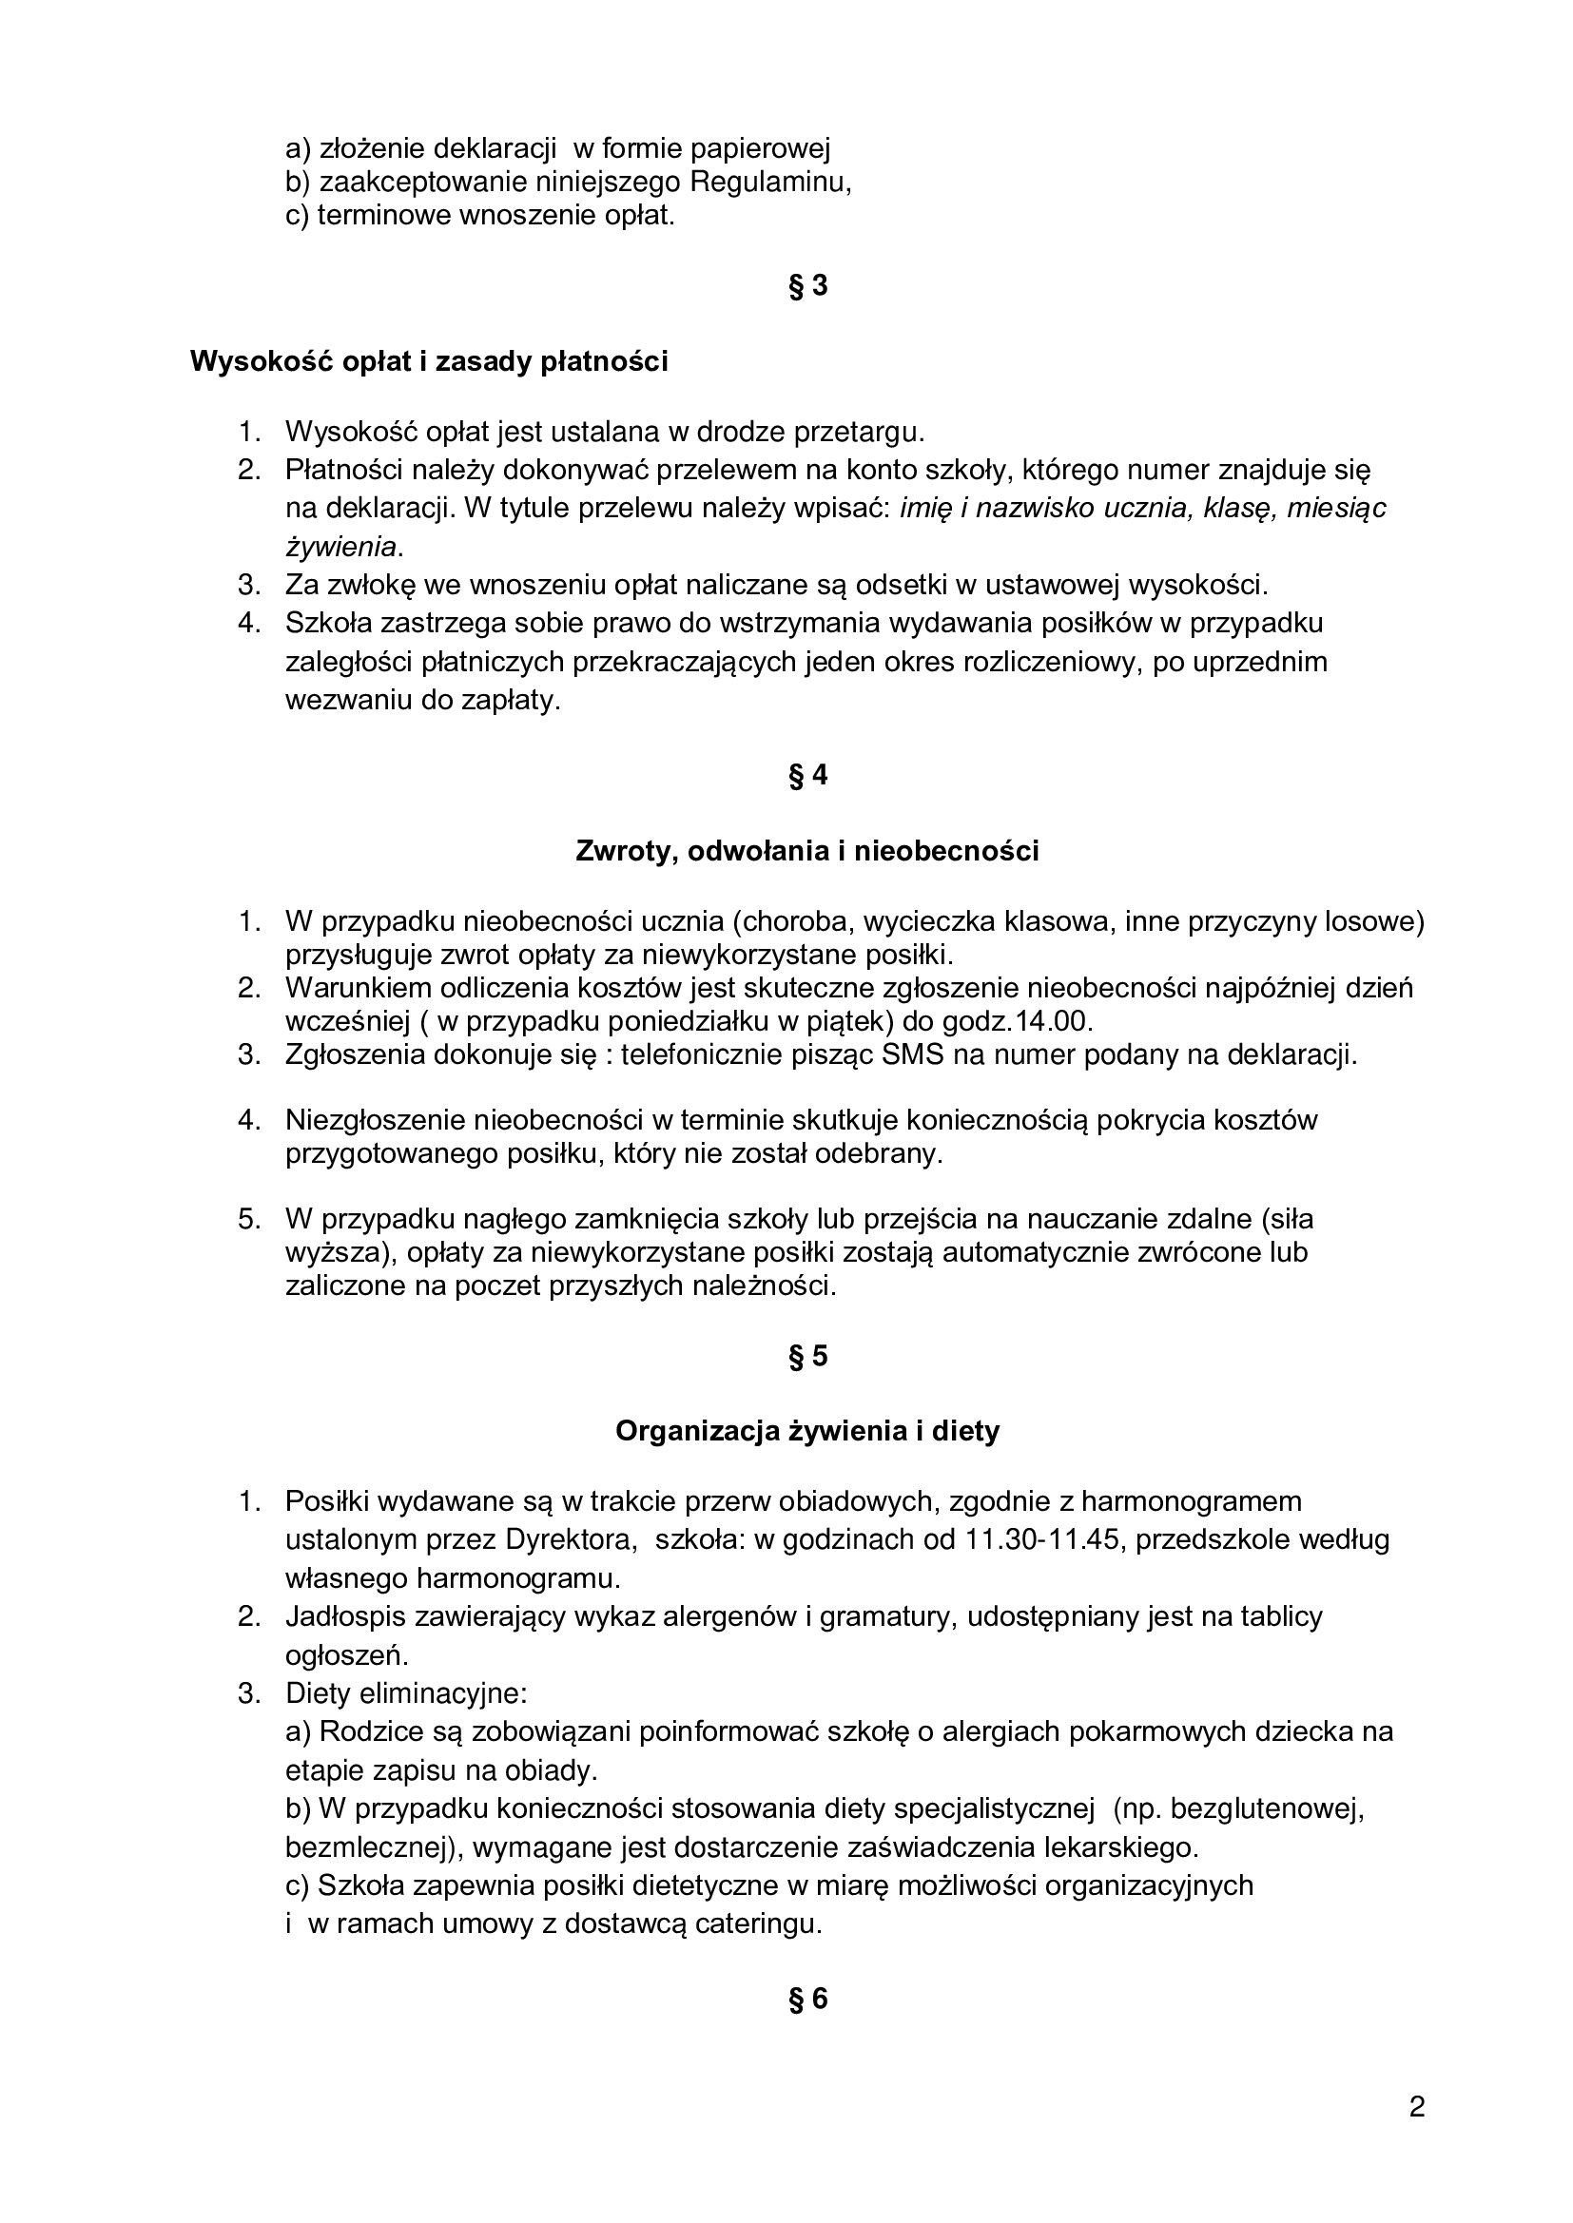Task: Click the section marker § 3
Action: tap(807, 286)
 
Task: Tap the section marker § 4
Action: tap(807, 776)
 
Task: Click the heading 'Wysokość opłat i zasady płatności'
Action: tap(429, 362)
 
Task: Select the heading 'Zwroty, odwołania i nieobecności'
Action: tap(806, 851)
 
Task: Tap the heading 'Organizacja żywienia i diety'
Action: tap(806, 1431)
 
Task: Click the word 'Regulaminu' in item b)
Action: tap(770, 182)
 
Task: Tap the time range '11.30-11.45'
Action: tap(1044, 1539)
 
